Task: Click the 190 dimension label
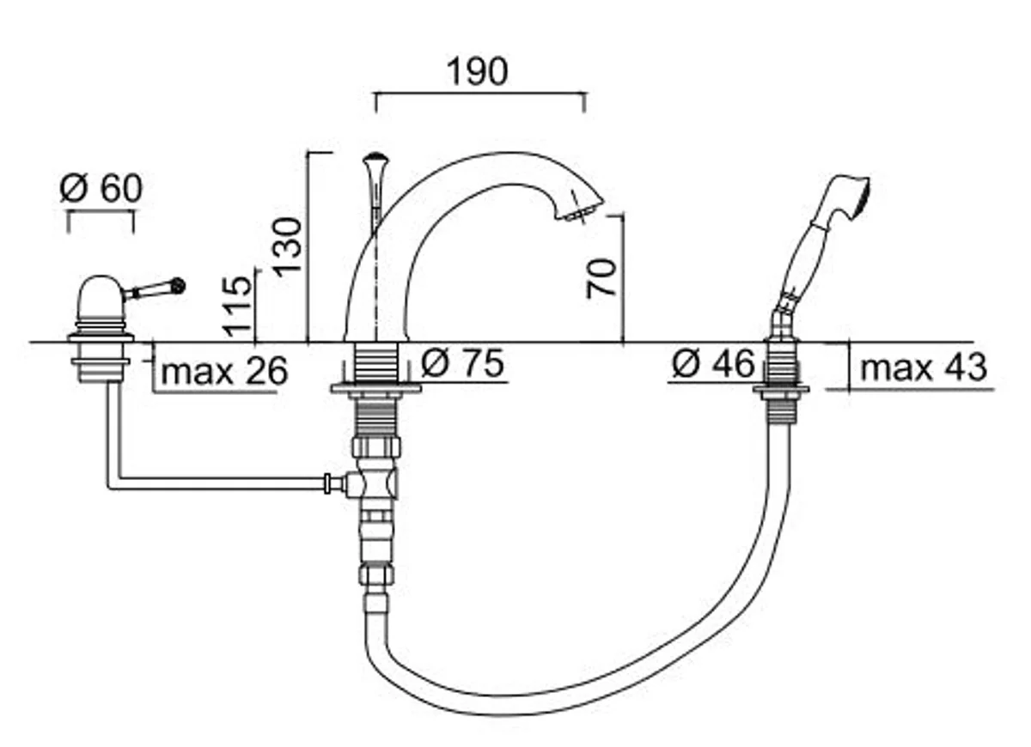coord(478,71)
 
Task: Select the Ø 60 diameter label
coord(101,188)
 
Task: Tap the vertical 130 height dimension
coord(288,247)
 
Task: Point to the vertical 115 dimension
coord(237,306)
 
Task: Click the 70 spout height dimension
coord(601,278)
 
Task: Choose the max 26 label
coord(224,371)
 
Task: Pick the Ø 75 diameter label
coord(462,363)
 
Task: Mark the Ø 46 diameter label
coord(713,363)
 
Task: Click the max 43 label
coord(924,367)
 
